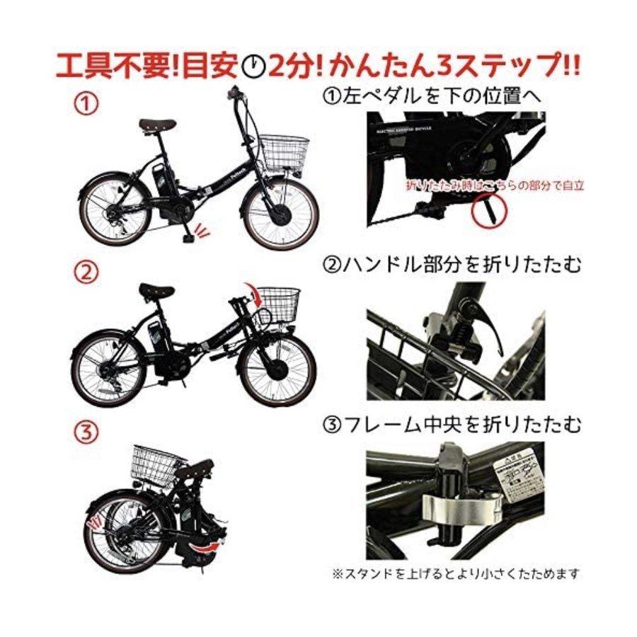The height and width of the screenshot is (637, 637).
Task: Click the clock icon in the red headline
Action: (x=253, y=67)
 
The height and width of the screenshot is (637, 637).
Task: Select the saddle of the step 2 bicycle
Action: (x=157, y=290)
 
